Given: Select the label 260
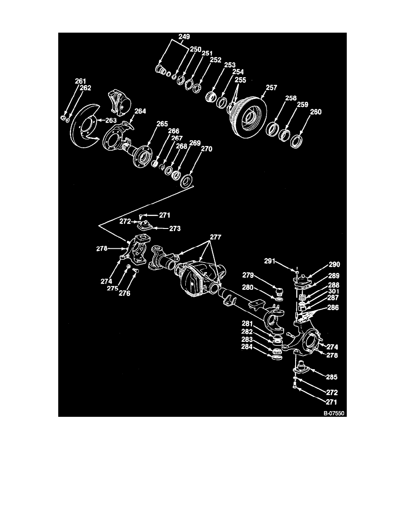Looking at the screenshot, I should pos(304,112).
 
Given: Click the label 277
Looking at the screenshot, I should pos(216,237).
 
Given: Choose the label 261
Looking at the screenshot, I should pos(80,81).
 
